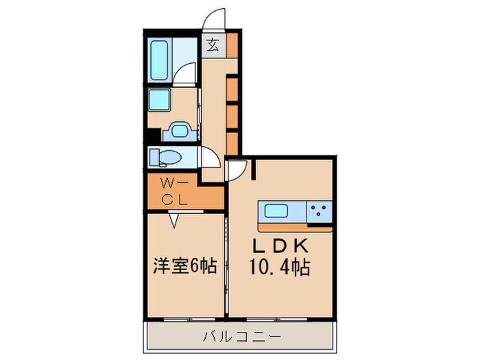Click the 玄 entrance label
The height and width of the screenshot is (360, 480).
[213, 46]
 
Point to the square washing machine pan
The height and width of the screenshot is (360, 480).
[159, 101]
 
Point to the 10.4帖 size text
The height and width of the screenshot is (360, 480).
[280, 265]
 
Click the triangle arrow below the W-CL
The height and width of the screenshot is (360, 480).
[174, 219]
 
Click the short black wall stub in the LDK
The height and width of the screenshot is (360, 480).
[252, 169]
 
